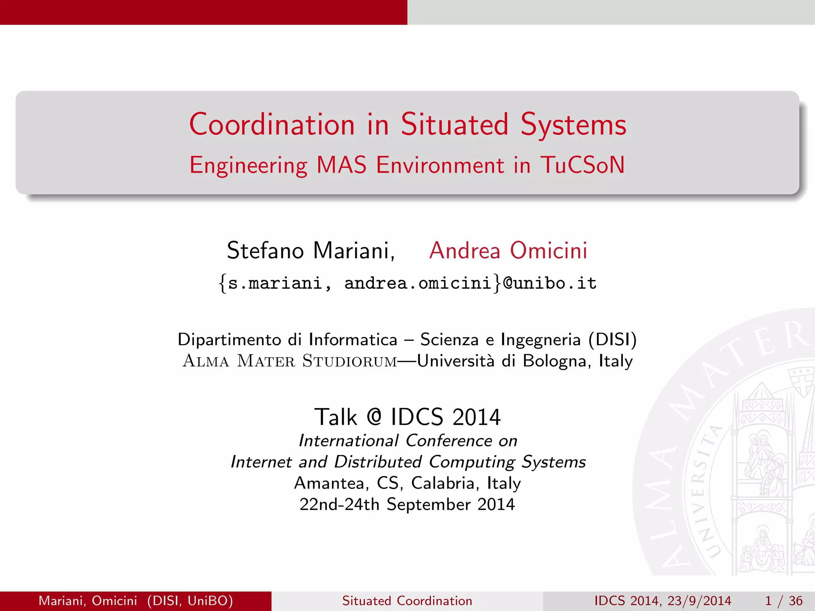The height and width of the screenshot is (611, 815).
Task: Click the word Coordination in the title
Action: point(272,125)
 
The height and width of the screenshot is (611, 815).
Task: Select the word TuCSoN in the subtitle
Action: point(582,165)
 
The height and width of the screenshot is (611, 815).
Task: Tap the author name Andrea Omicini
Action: point(508,251)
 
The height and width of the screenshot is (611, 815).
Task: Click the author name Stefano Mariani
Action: point(310,251)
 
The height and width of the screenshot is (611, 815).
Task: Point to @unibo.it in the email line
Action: point(550,283)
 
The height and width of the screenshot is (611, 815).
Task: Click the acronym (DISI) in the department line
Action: point(613,340)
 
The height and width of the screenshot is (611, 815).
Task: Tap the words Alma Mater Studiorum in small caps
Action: point(290,361)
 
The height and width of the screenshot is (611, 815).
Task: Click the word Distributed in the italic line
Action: point(378,462)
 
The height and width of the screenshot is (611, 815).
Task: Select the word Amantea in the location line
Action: point(329,483)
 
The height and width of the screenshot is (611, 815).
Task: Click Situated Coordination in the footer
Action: point(407,601)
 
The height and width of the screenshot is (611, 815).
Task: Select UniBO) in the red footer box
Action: point(210,601)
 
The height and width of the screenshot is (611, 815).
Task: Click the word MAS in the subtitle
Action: point(341,165)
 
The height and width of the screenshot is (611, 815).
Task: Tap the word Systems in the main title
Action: point(573,125)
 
